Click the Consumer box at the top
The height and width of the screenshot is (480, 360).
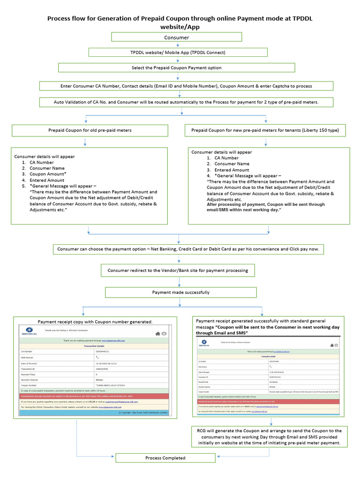176,37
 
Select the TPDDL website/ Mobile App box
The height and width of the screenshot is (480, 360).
178,52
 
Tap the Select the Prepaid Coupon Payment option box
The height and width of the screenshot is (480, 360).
176,67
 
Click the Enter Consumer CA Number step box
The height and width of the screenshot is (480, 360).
186,86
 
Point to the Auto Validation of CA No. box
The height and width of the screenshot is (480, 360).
186,102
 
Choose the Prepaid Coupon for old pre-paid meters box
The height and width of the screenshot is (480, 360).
90,130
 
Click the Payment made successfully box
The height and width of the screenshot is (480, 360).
181,292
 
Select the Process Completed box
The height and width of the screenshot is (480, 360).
165,458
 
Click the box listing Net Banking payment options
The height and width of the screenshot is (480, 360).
188,249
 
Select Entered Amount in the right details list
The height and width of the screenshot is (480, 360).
232,170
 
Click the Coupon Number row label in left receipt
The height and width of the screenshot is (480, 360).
29,385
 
